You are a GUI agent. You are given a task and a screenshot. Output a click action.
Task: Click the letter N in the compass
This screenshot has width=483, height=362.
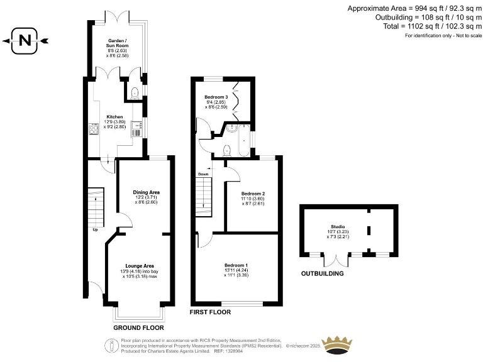25,41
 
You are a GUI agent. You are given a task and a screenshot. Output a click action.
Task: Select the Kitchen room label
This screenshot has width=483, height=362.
114,117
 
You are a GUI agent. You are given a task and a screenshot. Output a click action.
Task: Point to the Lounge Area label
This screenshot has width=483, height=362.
140,265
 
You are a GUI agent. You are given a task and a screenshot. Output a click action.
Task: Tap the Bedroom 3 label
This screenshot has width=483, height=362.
216,97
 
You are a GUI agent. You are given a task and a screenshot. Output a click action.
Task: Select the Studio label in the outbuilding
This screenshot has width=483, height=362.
338,227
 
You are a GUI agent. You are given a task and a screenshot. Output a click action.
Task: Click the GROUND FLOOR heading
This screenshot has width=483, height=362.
138,327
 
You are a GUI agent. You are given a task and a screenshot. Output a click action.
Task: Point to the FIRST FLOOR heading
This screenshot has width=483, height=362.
210,312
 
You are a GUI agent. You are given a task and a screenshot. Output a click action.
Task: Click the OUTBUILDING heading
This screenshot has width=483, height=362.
322,274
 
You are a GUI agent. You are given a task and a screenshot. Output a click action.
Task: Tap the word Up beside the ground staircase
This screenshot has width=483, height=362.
96,229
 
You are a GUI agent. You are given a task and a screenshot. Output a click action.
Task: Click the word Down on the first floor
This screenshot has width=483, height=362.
203,174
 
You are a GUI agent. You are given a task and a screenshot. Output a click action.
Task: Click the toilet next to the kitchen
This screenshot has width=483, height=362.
134,93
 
